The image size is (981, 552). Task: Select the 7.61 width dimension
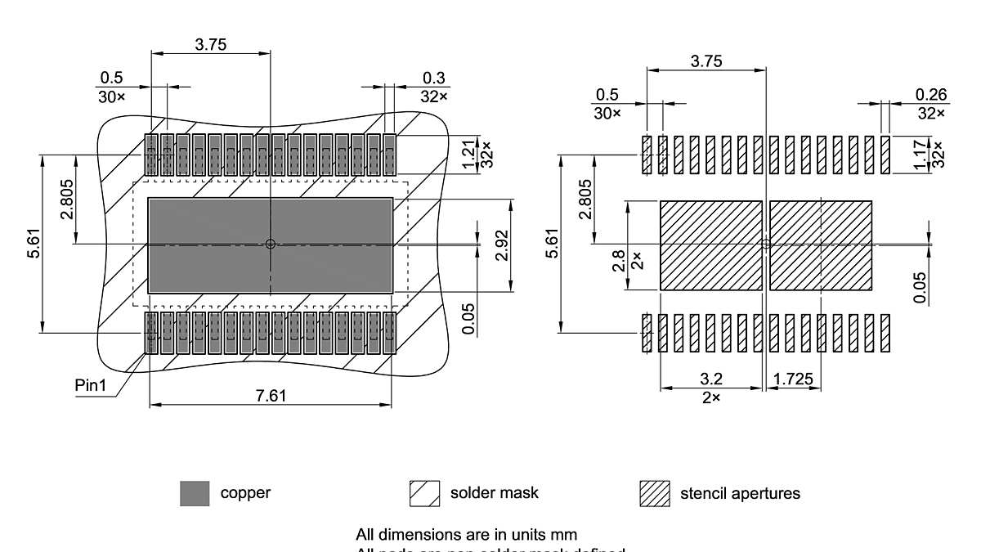click(271, 396)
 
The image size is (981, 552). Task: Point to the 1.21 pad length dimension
click(469, 154)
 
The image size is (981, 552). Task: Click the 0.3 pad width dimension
click(434, 78)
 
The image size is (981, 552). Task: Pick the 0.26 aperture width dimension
click(931, 95)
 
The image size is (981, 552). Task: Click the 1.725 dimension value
click(793, 379)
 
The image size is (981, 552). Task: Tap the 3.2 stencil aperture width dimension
click(711, 379)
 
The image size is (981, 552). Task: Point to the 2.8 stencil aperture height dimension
click(618, 261)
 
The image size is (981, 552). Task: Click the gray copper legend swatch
click(195, 494)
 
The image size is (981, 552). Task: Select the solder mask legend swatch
click(424, 494)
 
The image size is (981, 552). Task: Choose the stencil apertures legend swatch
click(654, 494)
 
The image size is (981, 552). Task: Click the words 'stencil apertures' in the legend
click(740, 494)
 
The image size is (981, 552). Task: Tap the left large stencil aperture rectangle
click(710, 245)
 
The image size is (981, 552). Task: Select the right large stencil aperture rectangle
click(821, 245)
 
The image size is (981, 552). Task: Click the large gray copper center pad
click(213, 245)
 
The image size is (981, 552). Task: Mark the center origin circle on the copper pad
click(271, 244)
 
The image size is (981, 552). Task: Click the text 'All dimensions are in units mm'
click(466, 535)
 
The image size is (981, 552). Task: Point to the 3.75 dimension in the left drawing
click(210, 45)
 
